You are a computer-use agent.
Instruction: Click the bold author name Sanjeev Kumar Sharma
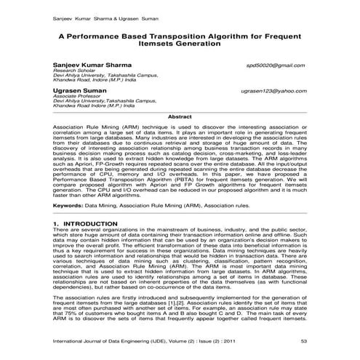(x=92, y=65)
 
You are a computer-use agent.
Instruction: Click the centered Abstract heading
(x=180, y=116)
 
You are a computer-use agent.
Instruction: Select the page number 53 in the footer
(x=303, y=341)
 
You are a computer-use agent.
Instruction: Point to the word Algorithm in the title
(x=227, y=34)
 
